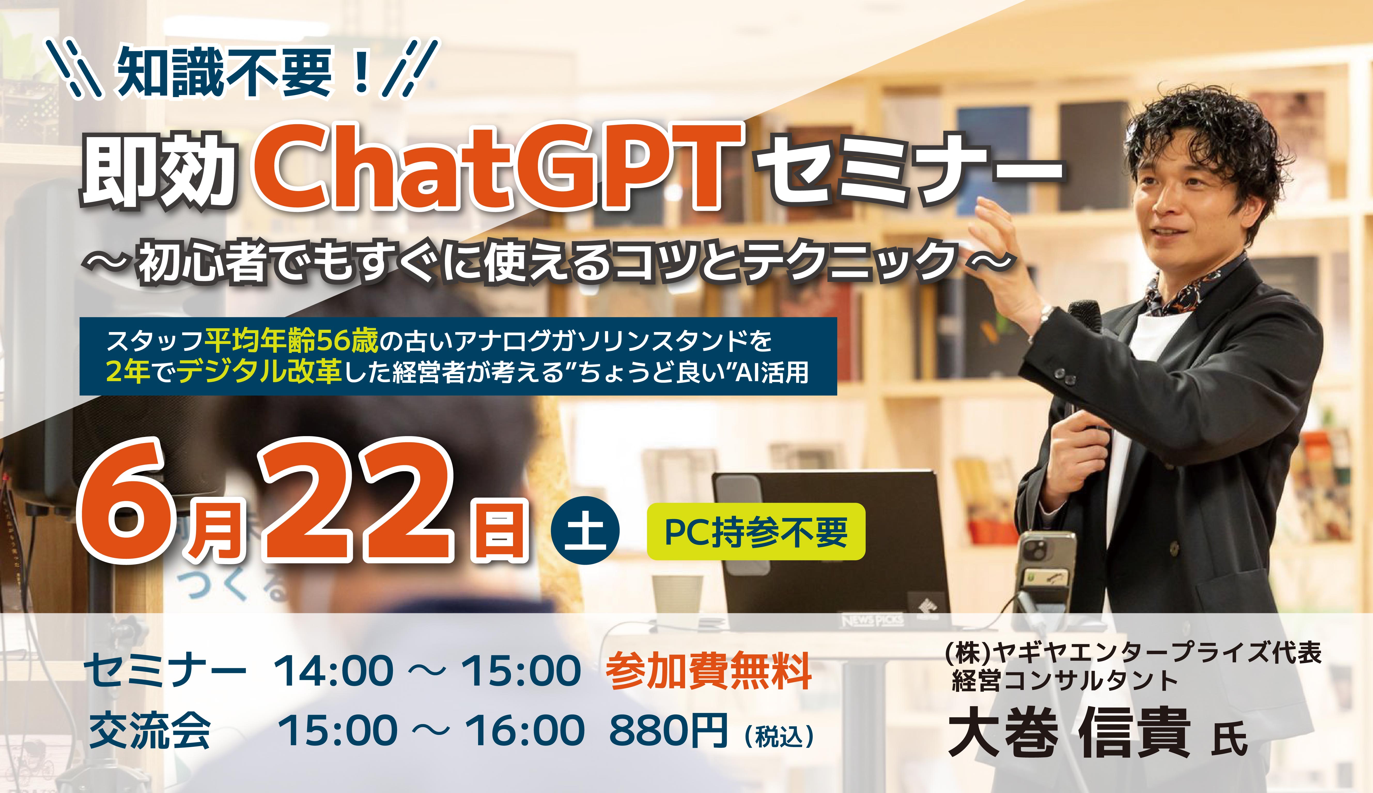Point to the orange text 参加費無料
click(708, 671)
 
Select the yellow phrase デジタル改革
click(259, 372)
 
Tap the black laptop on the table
click(828, 550)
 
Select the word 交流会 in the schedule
click(150, 730)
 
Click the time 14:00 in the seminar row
click(333, 671)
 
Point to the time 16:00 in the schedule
click(524, 730)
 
